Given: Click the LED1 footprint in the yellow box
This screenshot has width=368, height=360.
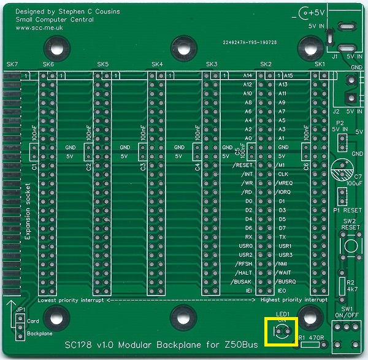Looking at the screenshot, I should point(282,332).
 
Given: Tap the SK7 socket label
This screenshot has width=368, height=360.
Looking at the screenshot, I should point(12,64).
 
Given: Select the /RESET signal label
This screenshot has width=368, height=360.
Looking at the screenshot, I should point(243,166).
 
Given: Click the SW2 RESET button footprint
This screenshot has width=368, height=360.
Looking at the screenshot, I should point(350,247).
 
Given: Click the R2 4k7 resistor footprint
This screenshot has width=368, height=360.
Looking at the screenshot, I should point(342,285).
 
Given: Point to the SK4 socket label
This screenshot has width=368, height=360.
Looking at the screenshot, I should point(157,64).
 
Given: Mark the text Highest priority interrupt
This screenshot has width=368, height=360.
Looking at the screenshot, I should point(294,300).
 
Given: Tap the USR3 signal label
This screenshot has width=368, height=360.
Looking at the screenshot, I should point(285,254).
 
